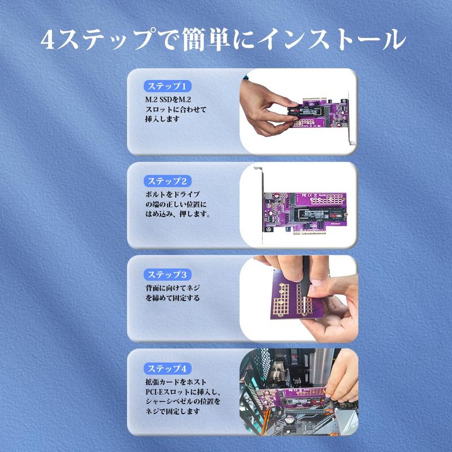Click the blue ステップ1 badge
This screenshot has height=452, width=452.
(x=167, y=86)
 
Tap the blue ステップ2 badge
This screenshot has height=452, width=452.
(x=167, y=181)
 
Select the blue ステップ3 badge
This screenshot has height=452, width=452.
(x=167, y=275)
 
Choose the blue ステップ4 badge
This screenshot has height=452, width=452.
(x=167, y=368)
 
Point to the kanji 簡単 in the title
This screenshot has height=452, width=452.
(x=206, y=40)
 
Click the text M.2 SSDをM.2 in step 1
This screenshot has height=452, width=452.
(x=168, y=100)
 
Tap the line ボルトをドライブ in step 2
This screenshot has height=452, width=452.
(x=172, y=194)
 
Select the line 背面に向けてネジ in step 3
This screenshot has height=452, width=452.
(x=172, y=288)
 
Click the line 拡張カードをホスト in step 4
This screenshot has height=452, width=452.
(x=176, y=382)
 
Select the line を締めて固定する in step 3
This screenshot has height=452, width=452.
(x=172, y=298)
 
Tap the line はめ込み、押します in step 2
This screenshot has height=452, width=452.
(x=177, y=214)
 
